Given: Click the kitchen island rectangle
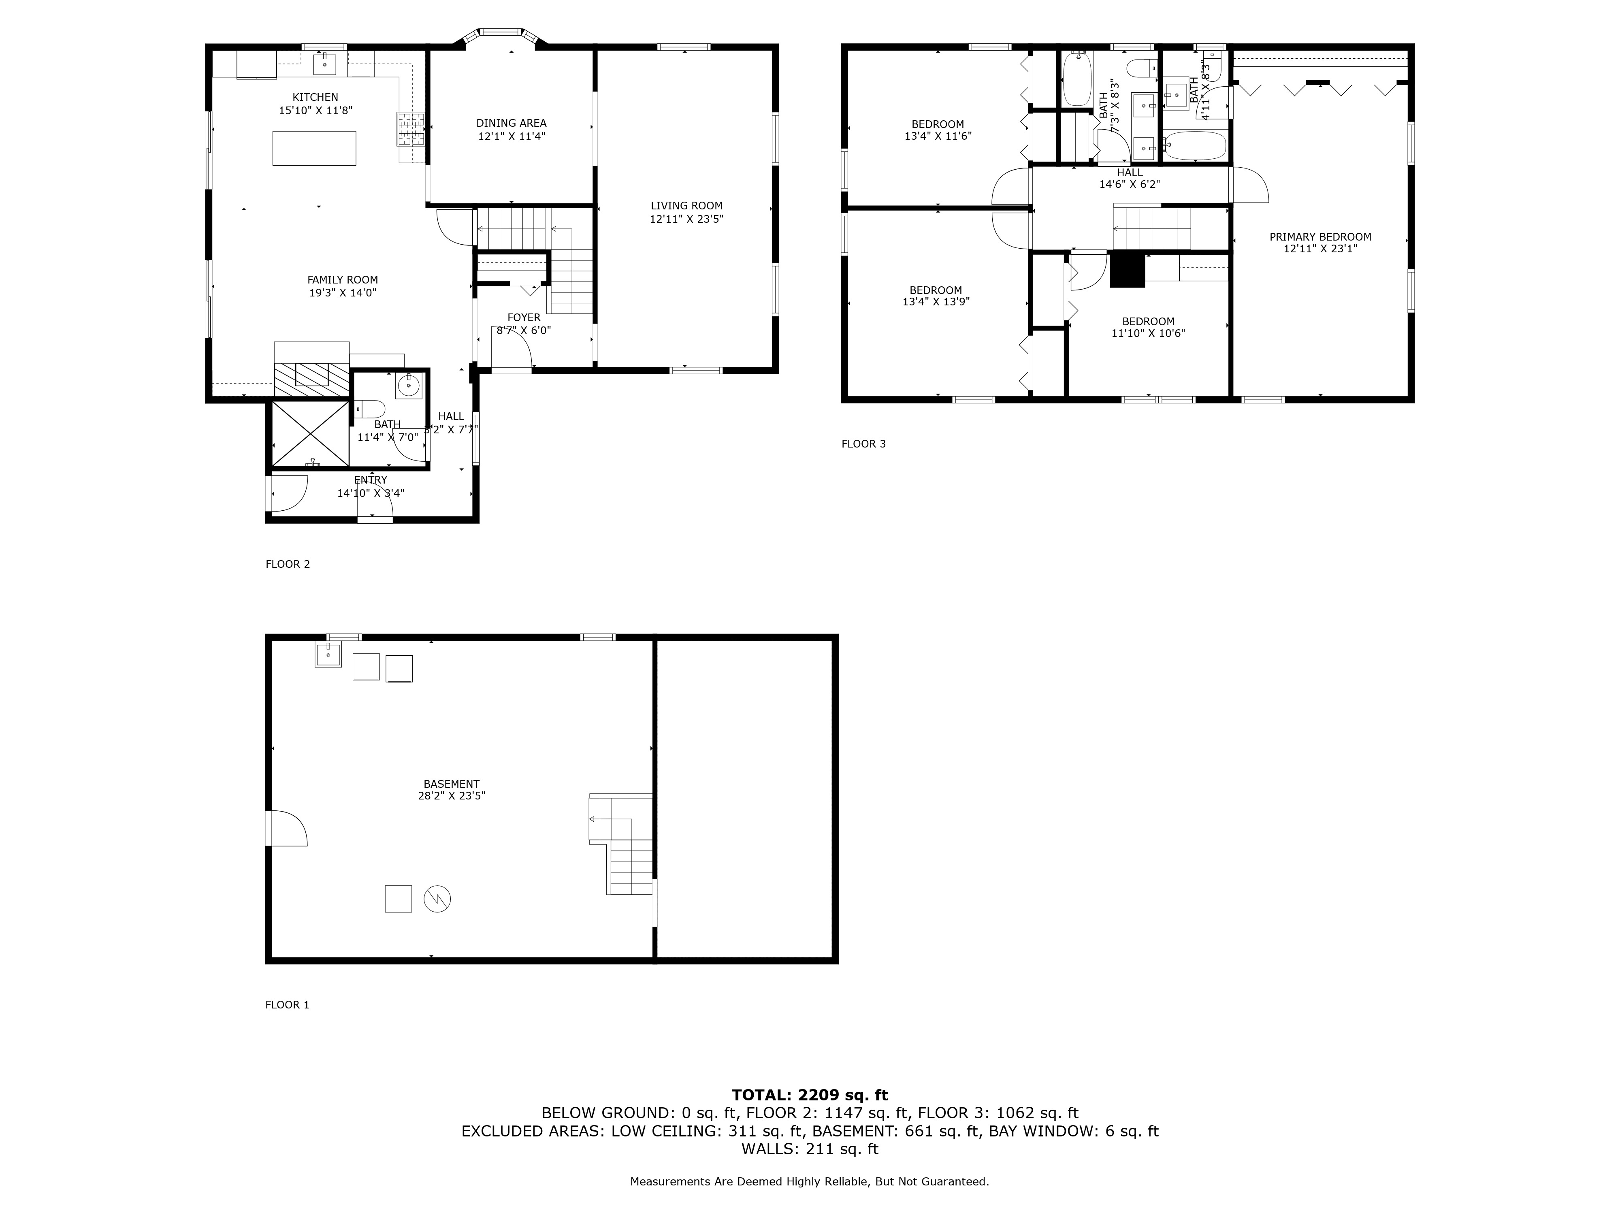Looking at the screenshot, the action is (x=314, y=148).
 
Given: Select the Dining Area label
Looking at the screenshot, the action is (x=511, y=123).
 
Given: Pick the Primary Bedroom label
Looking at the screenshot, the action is (x=1320, y=237).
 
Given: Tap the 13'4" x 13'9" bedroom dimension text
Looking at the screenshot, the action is (x=936, y=301).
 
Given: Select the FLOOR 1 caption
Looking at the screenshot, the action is (x=287, y=1005).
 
